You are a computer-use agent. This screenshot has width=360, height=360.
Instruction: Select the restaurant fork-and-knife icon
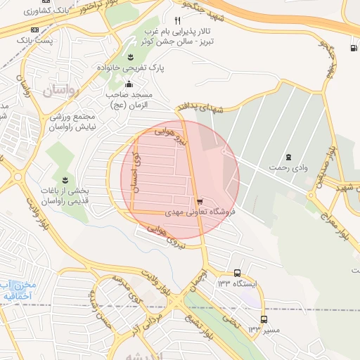[177, 20]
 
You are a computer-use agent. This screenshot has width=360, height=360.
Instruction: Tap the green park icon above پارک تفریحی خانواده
[130, 56]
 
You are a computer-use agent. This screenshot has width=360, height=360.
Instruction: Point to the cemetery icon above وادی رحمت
[288, 155]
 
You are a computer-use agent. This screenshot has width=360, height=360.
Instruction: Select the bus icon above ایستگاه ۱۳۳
[237, 273]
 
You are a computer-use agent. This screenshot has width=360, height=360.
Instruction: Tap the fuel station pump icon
[352, 49]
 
